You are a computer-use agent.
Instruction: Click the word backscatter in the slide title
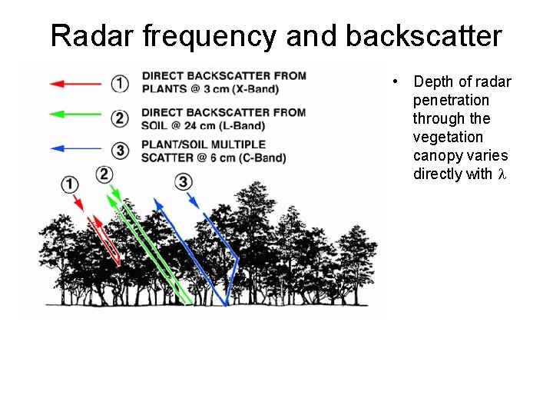pyautogui.click(x=423, y=35)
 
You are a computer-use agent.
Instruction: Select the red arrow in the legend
pyautogui.click(x=75, y=82)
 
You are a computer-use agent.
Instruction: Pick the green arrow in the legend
pyautogui.click(x=75, y=115)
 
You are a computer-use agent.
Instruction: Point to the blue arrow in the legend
pyautogui.click(x=75, y=148)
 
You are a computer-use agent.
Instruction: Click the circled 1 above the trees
pyautogui.click(x=70, y=184)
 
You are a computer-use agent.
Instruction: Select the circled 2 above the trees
pyautogui.click(x=104, y=174)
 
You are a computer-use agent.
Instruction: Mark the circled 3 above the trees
pyautogui.click(x=184, y=181)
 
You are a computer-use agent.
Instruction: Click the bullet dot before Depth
pyautogui.click(x=393, y=81)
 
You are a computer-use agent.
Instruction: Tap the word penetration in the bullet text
pyautogui.click(x=451, y=100)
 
